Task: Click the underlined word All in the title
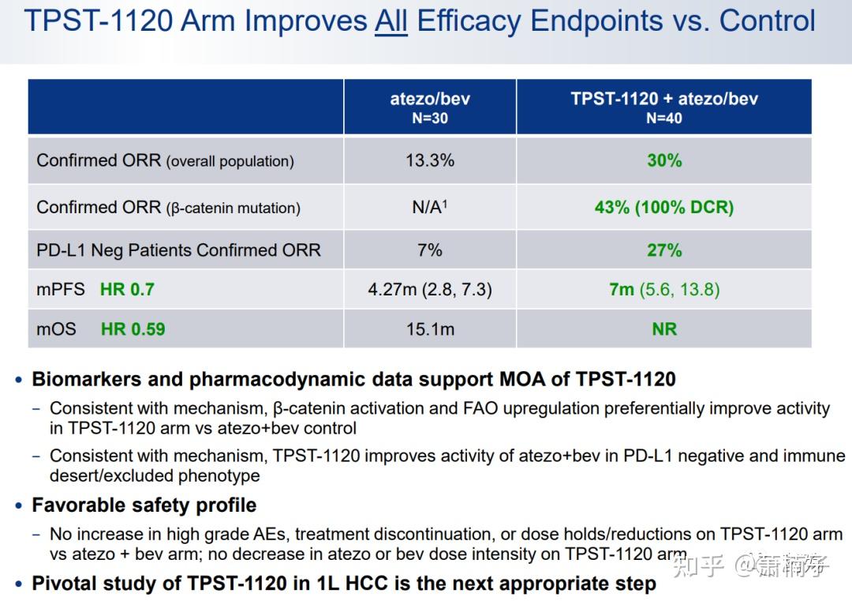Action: pos(391,21)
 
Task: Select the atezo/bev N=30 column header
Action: pos(430,107)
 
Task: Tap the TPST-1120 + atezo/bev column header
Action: pos(664,107)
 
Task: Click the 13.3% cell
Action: pos(430,160)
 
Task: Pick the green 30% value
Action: pos(664,160)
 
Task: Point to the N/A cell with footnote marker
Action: pos(430,207)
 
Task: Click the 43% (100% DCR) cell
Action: pos(664,207)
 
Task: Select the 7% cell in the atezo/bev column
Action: pos(430,250)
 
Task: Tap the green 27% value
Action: pos(664,250)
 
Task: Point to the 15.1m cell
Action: pos(430,329)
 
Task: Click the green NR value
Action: pos(664,329)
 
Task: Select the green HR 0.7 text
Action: pos(127,290)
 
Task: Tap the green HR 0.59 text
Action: pos(133,329)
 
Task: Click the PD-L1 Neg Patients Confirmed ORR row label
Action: pos(178,250)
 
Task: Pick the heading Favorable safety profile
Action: pos(144,505)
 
